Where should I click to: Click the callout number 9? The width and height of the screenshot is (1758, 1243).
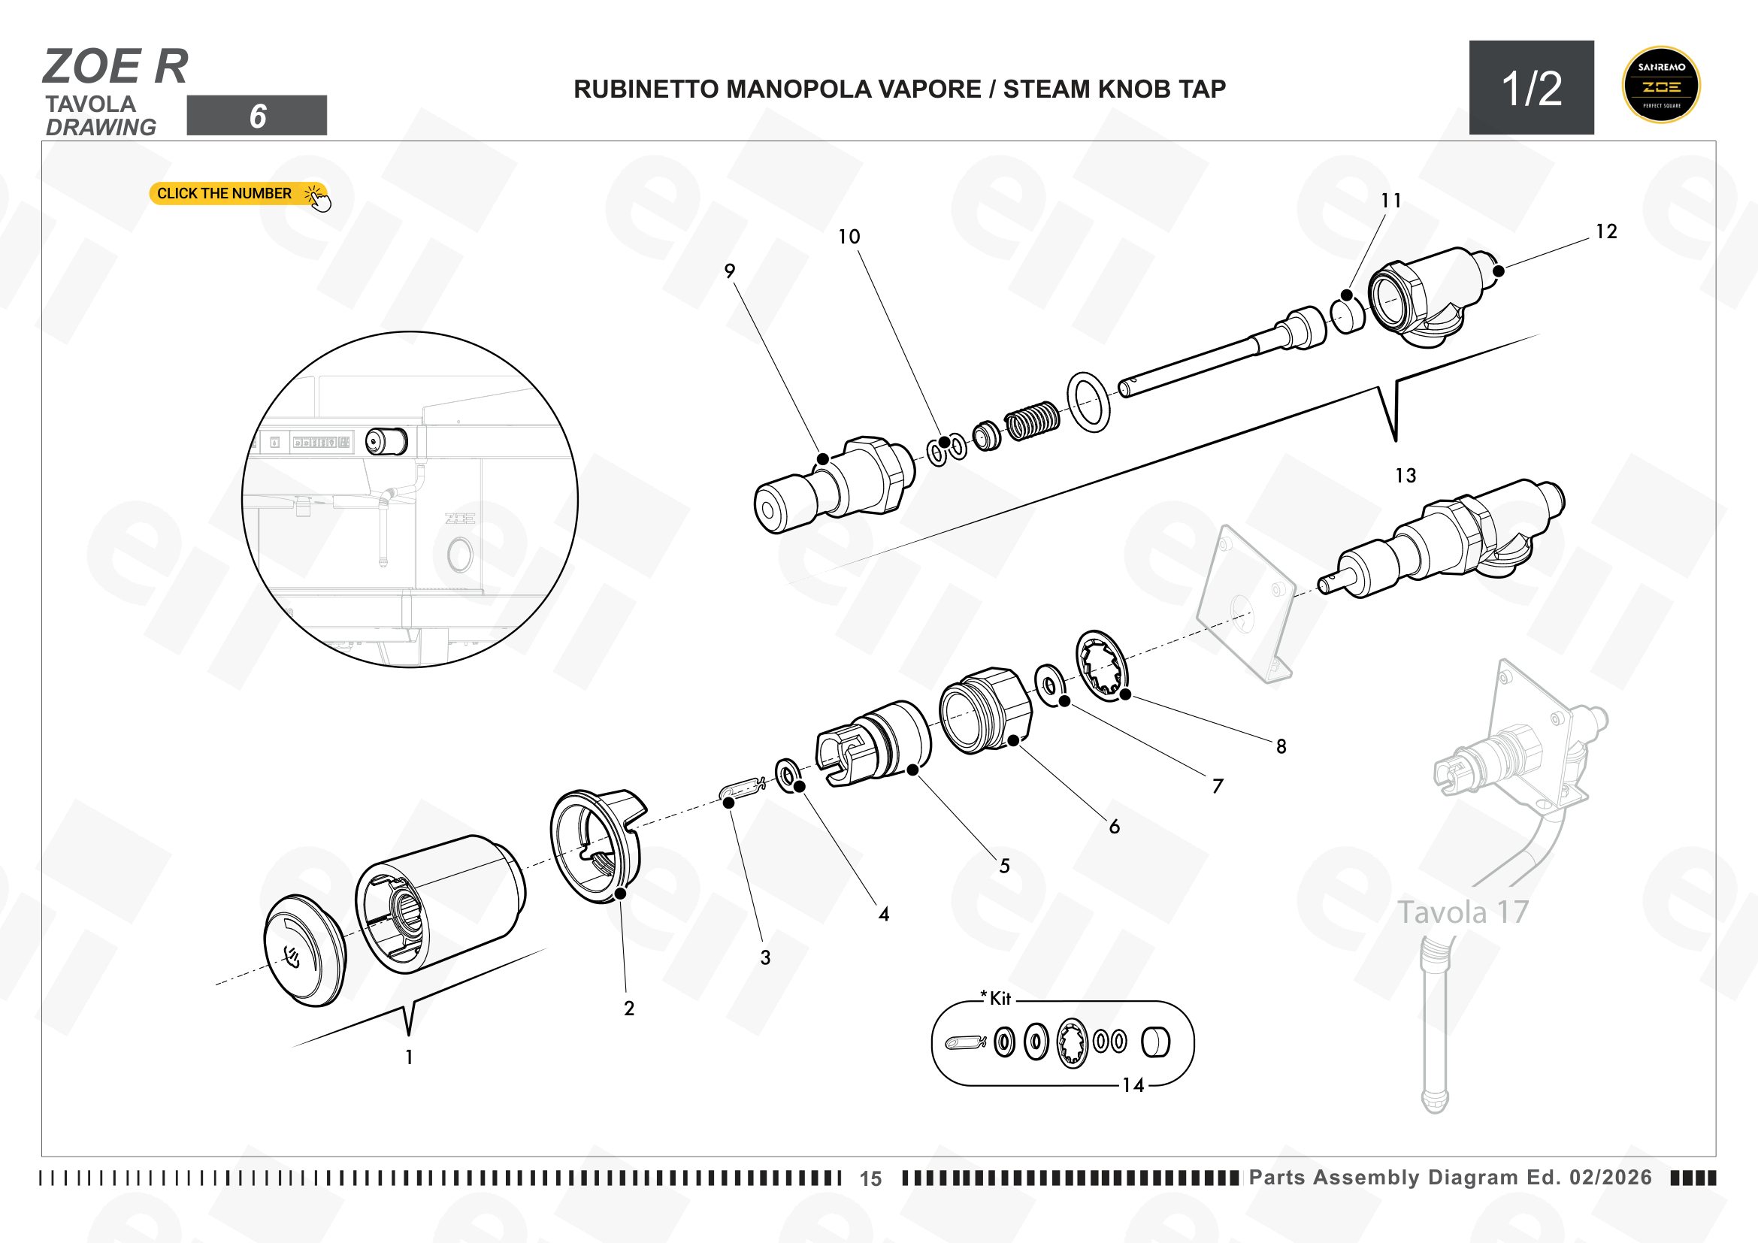tap(730, 271)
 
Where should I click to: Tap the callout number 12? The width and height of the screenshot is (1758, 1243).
tap(1606, 232)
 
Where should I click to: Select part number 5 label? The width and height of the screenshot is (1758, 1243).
tap(1005, 866)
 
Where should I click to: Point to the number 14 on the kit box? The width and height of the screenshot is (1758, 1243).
tap(1133, 1085)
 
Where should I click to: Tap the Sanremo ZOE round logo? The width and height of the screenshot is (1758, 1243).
tap(1661, 85)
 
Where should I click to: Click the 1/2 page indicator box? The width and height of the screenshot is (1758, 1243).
tap(1531, 88)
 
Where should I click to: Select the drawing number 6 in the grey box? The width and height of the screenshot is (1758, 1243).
tap(257, 116)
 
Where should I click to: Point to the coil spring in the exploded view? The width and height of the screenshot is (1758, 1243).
tap(1032, 420)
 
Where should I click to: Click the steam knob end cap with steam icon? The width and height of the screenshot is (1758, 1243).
tap(304, 951)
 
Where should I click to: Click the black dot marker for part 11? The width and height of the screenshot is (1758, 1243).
tap(1347, 295)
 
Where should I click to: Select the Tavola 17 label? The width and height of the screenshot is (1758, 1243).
tap(1463, 912)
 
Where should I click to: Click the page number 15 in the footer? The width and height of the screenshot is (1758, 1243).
tap(870, 1178)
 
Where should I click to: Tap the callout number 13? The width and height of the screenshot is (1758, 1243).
tap(1405, 476)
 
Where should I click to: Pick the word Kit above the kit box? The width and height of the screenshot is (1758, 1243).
tap(1000, 999)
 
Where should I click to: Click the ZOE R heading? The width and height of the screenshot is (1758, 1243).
tap(116, 67)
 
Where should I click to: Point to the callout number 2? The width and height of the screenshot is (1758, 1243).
tap(629, 1009)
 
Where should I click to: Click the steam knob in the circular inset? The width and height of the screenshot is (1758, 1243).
tap(386, 442)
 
